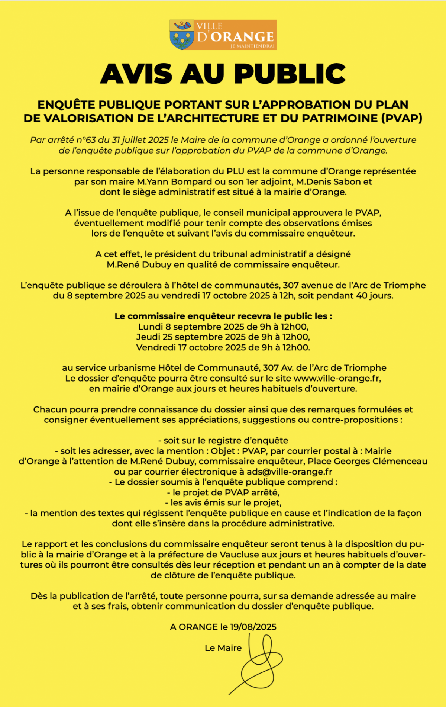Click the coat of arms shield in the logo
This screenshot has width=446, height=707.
(x=182, y=35)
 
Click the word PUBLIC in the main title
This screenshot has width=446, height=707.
(x=290, y=74)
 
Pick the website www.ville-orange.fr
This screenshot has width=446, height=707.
(x=337, y=378)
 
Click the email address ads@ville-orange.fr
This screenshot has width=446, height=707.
(x=290, y=472)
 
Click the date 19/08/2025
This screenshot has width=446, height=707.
(x=253, y=627)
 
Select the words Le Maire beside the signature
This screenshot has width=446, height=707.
(x=223, y=648)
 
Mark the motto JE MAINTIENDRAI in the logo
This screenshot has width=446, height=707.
(x=252, y=46)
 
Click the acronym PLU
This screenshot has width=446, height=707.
(x=235, y=171)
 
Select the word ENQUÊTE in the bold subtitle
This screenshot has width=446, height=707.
(x=67, y=105)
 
